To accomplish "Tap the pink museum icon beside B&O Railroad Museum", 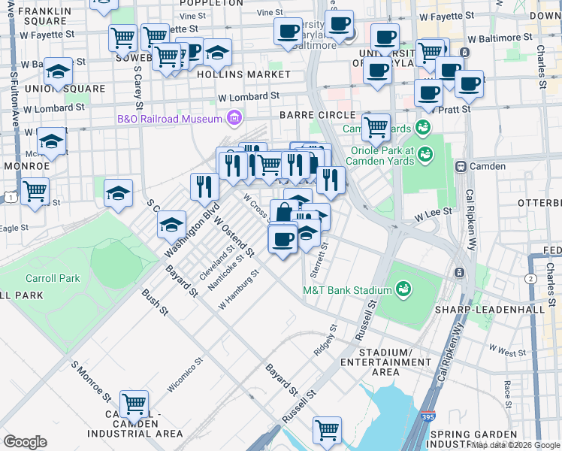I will (234, 118).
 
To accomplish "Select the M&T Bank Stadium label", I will (347, 290).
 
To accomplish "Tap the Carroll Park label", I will (53, 278).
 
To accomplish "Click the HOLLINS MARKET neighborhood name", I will (243, 75).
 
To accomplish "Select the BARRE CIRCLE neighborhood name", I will (316, 115).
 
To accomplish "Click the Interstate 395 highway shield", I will (426, 437).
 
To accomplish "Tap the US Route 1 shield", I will (8, 196).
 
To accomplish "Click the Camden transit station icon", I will (461, 166).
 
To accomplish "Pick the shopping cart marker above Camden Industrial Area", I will (134, 404).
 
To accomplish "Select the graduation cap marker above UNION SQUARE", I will (58, 71).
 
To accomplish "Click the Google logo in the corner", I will (25, 441).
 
